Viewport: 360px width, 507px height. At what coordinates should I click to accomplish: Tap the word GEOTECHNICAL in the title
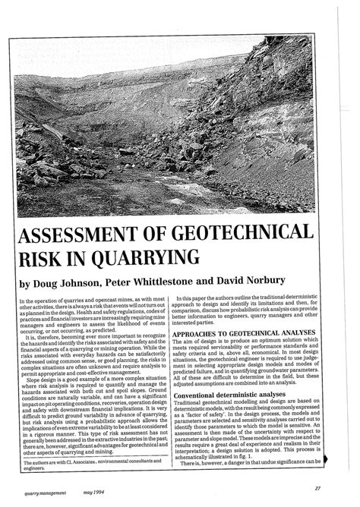[251, 231]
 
